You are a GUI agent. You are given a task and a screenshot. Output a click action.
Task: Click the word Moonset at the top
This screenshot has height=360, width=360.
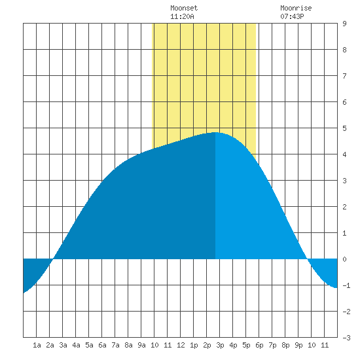coord(184,8)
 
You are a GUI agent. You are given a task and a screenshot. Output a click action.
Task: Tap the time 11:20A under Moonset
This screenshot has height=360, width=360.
coord(182,16)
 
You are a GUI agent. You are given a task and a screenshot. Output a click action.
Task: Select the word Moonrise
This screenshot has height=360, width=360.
coord(296,8)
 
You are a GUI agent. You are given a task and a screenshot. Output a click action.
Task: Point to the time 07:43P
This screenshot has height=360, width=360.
coord(292,16)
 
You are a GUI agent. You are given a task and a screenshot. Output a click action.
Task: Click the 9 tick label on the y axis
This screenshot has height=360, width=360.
coord(344,24)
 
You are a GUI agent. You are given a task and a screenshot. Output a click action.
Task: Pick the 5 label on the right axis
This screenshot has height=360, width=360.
coord(344,128)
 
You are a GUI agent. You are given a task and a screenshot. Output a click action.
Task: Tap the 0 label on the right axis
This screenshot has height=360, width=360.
coord(344,259)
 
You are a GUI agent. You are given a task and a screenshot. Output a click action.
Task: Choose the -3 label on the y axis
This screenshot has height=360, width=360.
coord(346,338)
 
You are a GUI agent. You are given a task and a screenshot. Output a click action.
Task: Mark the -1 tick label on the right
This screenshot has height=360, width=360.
coord(346,285)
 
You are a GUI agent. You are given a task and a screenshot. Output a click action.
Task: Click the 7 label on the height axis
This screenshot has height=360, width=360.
coord(344,76)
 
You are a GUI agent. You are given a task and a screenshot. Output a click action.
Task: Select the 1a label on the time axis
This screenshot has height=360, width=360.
coord(37,345)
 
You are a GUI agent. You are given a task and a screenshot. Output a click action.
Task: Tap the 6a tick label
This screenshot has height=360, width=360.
coord(102,345)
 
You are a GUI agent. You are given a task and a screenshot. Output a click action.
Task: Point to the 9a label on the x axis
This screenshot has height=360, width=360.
coord(141,345)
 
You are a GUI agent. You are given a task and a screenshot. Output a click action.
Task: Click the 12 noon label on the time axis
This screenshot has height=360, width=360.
coord(181,345)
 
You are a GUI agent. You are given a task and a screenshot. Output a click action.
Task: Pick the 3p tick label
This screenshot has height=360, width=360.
coord(220,345)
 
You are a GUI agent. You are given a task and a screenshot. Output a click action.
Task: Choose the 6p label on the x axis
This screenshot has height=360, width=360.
coord(259,345)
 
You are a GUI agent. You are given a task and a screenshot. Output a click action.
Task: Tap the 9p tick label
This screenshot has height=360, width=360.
coord(298,345)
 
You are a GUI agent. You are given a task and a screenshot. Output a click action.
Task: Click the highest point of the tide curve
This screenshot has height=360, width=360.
coord(215,132)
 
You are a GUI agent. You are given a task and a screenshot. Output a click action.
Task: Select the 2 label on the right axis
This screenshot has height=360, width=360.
coord(344,207)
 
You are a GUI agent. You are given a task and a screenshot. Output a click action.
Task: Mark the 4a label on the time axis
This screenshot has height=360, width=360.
coord(76,345)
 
